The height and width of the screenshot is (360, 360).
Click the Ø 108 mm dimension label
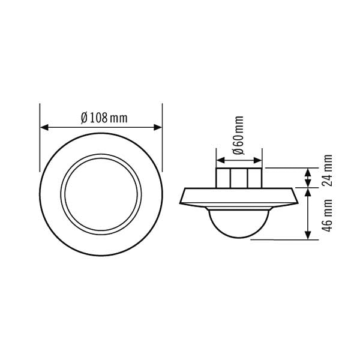(x=104, y=118)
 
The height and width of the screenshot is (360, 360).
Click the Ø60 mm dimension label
(x=238, y=135)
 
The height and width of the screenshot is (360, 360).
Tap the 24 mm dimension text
(x=327, y=170)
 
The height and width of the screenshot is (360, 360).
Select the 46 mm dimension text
(x=327, y=215)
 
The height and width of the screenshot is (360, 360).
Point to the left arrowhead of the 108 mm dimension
(x=44, y=127)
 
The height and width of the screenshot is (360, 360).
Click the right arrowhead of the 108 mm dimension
(x=158, y=127)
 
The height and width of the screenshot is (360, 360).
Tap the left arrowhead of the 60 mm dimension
(x=220, y=160)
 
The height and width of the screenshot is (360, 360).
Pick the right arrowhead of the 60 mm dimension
(x=257, y=160)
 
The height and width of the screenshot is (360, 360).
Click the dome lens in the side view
(x=239, y=223)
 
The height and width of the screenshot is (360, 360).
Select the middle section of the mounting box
(x=239, y=178)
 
